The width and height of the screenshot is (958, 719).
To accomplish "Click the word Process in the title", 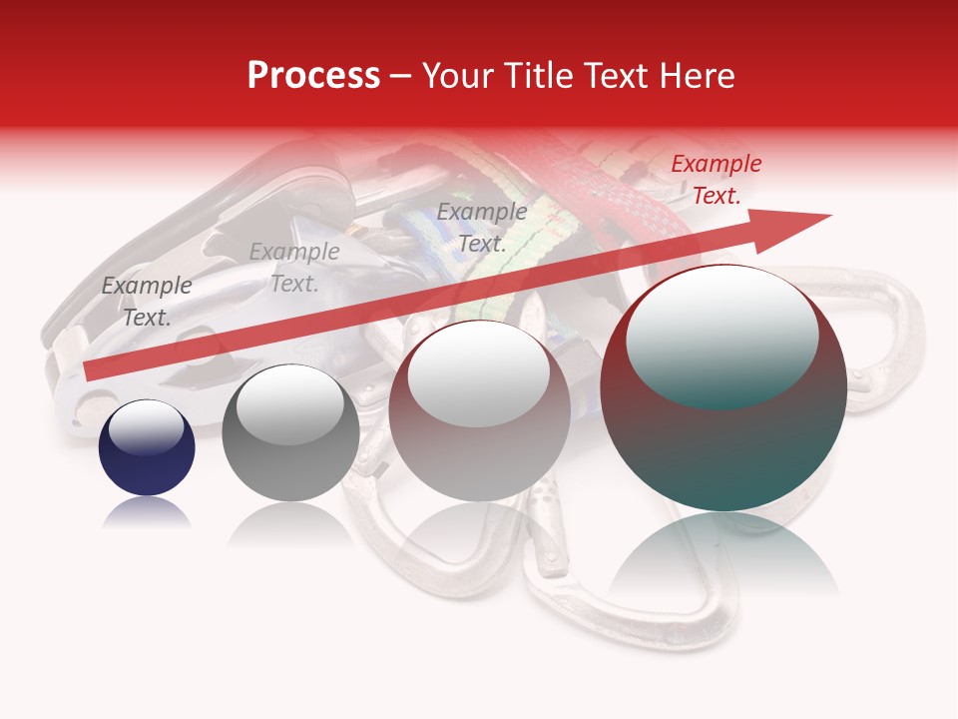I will coord(313,75).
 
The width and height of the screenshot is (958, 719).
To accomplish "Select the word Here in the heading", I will coord(696,75).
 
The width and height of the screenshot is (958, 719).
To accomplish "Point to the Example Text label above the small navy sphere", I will coord(147,301).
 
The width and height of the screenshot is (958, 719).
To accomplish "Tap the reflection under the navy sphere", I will coord(147,513).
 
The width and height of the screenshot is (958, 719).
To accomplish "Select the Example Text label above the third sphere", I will coord(482,227).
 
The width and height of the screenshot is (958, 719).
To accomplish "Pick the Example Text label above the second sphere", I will coord(294,267).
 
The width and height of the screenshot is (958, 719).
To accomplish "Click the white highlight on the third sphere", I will coord(479,374).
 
